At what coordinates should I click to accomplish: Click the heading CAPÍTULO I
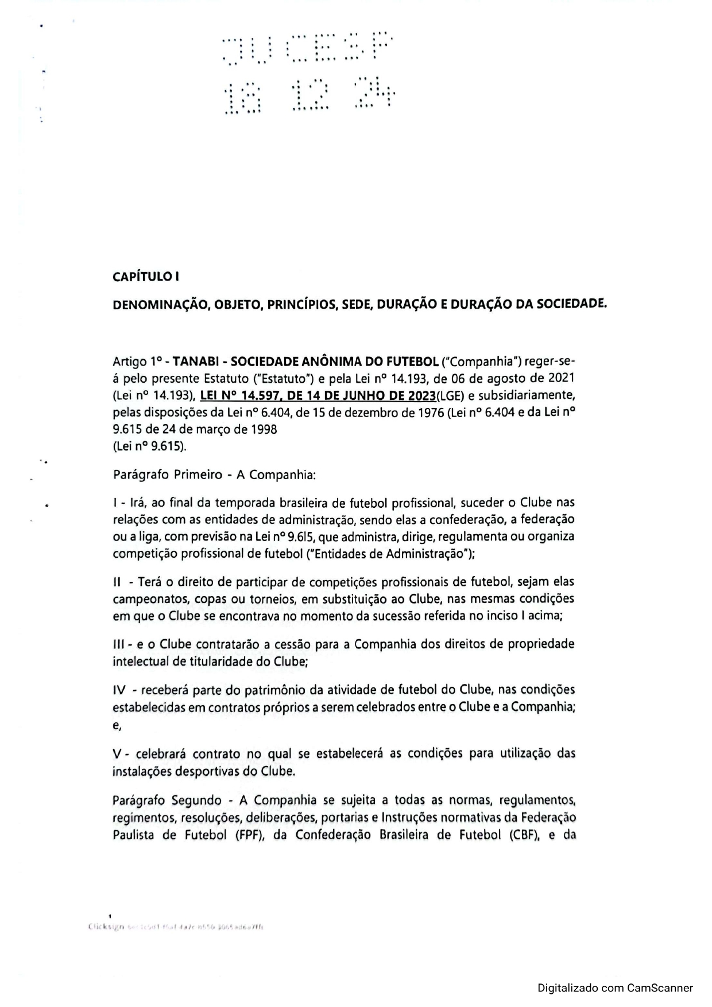pos(146,277)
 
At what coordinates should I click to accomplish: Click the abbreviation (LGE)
pos(452,395)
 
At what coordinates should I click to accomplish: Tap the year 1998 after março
pos(264,429)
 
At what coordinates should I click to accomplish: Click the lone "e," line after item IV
pos(117,725)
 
